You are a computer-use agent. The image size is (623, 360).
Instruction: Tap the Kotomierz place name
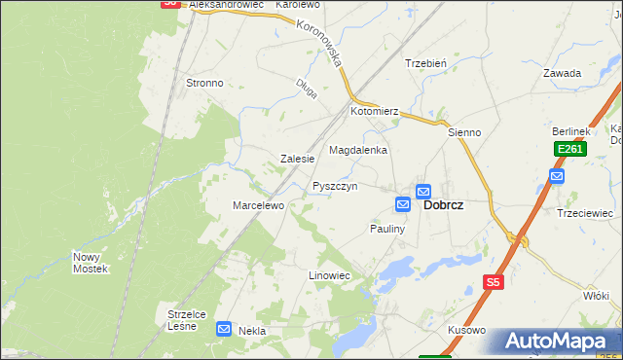pyautogui.click(x=376, y=112)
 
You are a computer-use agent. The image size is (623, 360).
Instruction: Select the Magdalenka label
pyautogui.click(x=358, y=151)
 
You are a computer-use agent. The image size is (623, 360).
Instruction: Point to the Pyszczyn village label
pyautogui.click(x=335, y=186)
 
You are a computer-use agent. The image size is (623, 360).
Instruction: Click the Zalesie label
pyautogui.click(x=297, y=159)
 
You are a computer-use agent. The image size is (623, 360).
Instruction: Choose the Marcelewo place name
pyautogui.click(x=257, y=205)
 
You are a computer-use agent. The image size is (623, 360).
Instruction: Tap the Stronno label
pyautogui.click(x=204, y=83)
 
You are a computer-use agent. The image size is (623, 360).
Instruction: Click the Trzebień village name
pyautogui.click(x=425, y=63)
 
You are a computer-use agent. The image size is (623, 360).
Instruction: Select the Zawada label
pyautogui.click(x=563, y=73)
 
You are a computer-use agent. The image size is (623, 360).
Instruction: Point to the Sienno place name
pyautogui.click(x=465, y=131)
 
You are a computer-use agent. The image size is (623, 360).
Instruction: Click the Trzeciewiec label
pyautogui.click(x=584, y=213)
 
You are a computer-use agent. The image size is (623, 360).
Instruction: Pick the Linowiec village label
pyautogui.click(x=329, y=276)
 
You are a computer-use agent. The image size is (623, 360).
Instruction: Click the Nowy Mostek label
pyautogui.click(x=90, y=263)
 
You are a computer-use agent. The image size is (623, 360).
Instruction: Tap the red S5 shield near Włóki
pyautogui.click(x=494, y=282)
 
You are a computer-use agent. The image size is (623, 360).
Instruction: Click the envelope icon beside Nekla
pyautogui.click(x=224, y=330)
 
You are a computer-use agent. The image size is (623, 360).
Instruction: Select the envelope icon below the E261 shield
pyautogui.click(x=556, y=176)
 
